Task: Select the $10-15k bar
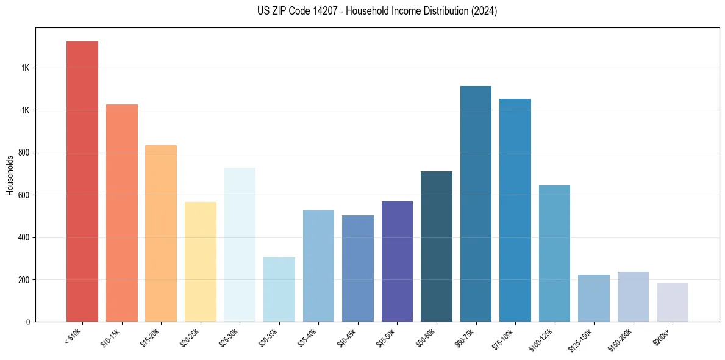[121, 213]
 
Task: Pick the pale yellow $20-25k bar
[201, 262]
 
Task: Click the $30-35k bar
[279, 289]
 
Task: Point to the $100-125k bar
[554, 253]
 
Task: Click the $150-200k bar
[633, 297]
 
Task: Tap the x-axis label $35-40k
[310, 337]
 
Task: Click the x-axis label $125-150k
[585, 338]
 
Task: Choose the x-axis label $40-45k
[350, 337]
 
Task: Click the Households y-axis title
[10, 175]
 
